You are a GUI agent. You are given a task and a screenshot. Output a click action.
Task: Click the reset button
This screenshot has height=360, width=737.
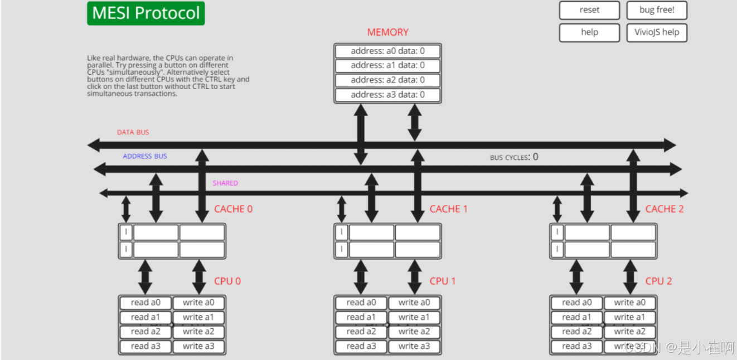coord(589,10)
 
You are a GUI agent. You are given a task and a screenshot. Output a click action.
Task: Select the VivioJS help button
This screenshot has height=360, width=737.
coord(656,32)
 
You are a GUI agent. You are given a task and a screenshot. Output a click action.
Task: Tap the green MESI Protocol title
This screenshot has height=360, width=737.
coord(146,13)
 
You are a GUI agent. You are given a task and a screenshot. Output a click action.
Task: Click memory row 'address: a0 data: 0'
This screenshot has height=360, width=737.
coord(387,51)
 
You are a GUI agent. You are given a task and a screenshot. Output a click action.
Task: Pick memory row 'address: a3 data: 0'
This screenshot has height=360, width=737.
coord(387,95)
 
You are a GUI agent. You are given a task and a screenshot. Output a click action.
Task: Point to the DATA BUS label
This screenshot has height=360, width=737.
coord(133,133)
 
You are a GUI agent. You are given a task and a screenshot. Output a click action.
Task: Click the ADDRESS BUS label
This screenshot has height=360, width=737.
coord(145,157)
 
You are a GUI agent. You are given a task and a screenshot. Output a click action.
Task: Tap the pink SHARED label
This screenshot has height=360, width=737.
coord(225,183)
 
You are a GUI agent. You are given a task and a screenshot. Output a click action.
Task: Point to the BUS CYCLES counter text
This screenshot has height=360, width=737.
coord(514,157)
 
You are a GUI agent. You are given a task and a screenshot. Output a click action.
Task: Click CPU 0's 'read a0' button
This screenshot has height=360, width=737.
coord(145,303)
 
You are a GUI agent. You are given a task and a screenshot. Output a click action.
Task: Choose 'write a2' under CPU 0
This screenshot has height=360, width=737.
coord(198,332)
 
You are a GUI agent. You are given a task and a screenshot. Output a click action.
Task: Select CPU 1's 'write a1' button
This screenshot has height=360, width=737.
coord(414,317)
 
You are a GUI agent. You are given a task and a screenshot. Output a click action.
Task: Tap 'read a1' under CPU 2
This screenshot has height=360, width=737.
coord(576,317)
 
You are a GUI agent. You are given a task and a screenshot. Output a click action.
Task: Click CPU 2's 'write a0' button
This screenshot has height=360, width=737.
coord(630,303)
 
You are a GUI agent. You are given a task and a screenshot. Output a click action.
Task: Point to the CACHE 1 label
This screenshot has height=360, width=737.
coord(448,209)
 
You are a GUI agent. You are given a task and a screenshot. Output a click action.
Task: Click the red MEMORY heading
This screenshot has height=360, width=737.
coord(387,32)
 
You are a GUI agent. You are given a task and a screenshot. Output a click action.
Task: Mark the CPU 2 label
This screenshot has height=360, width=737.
coord(658,281)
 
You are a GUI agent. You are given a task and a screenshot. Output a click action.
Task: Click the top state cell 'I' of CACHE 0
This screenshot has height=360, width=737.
coord(127,232)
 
